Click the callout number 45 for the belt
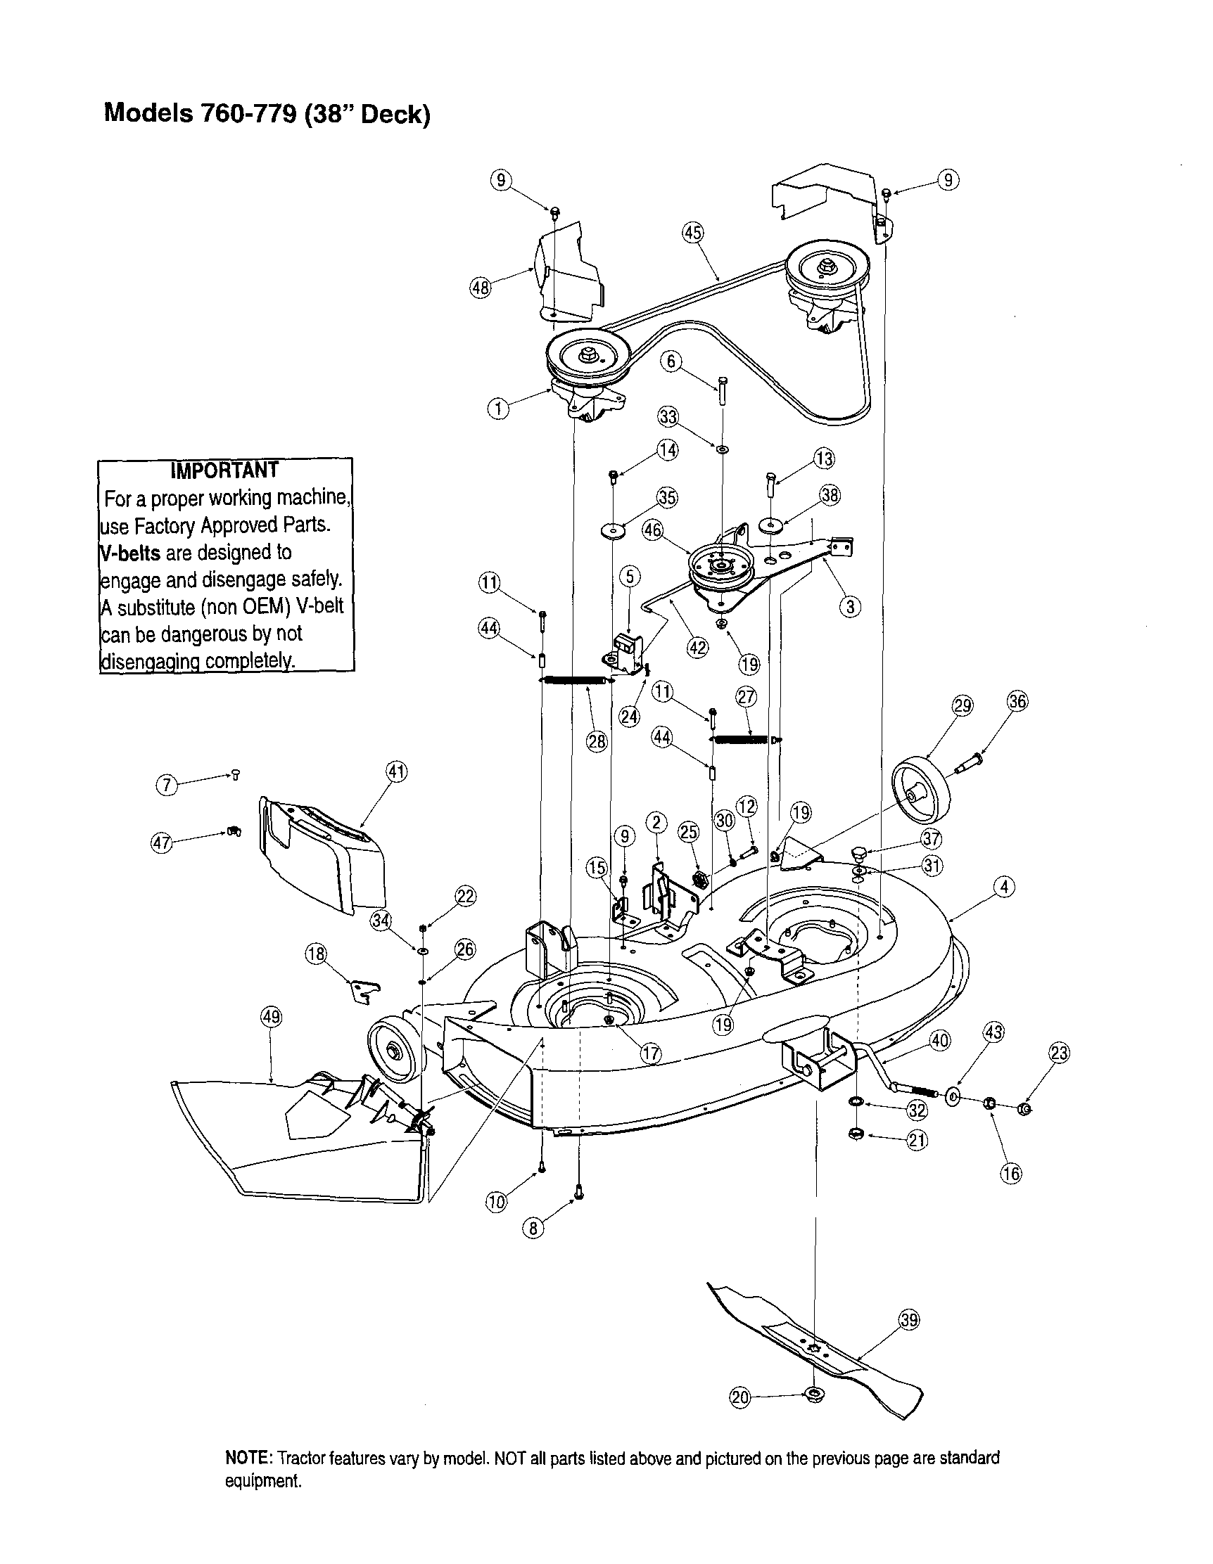tap(692, 233)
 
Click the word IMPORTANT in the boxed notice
tap(224, 470)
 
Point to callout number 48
tap(479, 288)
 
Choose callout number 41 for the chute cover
tap(396, 772)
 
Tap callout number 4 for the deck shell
tap(1004, 887)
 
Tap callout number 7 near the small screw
tap(166, 785)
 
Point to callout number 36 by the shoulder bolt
tap(1017, 701)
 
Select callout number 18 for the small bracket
tap(316, 954)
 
